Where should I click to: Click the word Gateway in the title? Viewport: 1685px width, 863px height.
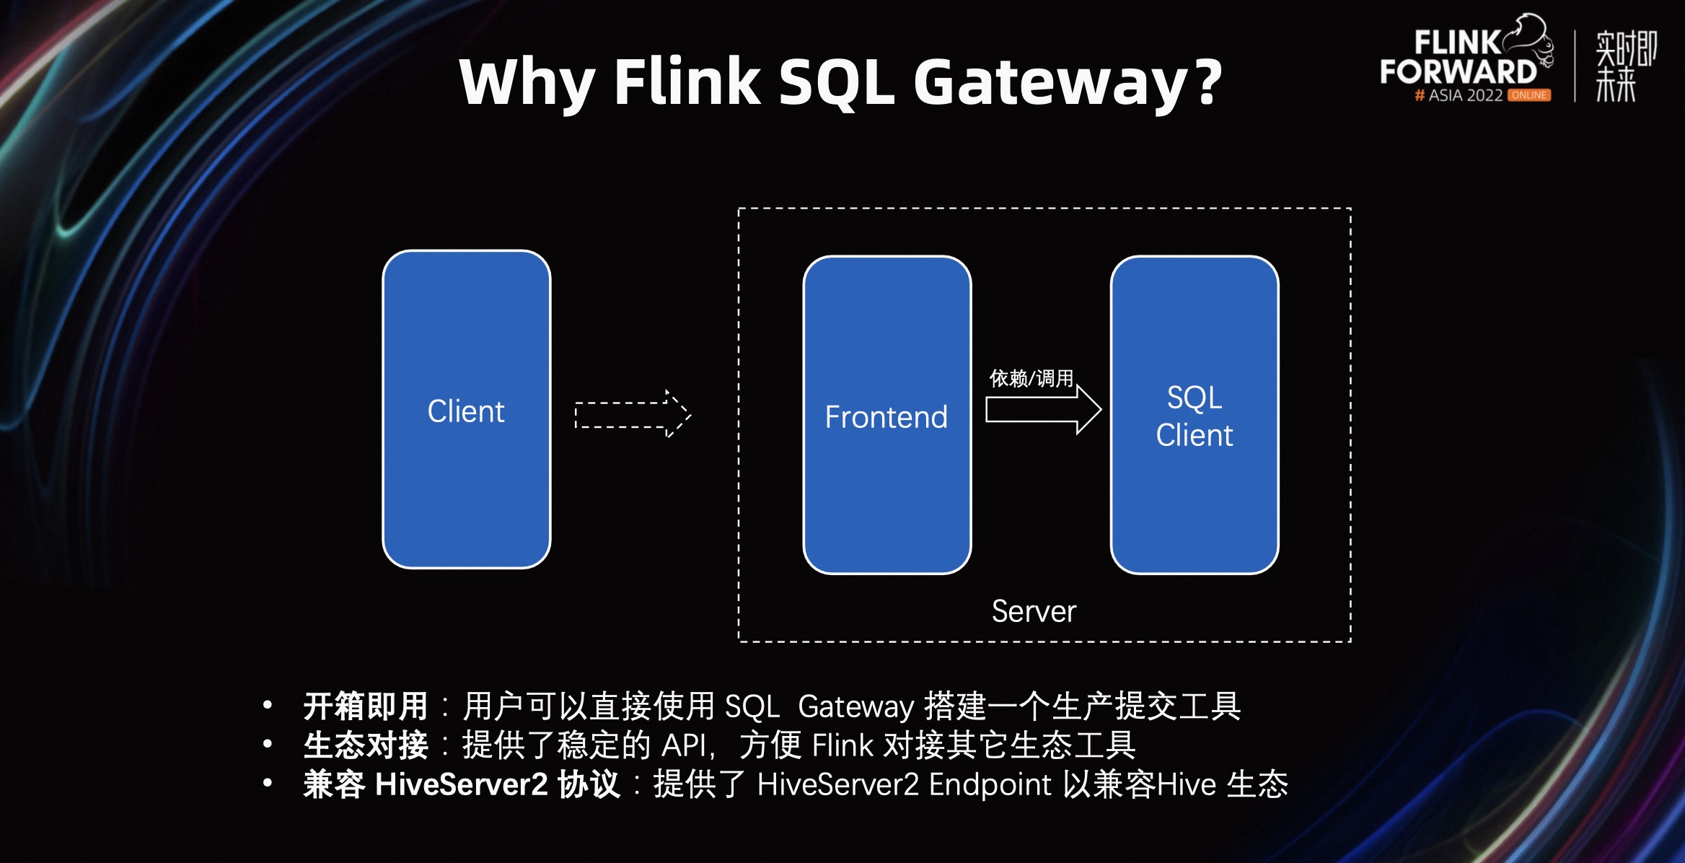(x=1050, y=83)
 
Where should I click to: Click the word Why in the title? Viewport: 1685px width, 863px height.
(x=527, y=83)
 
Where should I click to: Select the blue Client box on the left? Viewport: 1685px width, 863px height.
(x=466, y=410)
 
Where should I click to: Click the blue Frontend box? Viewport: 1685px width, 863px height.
(x=887, y=416)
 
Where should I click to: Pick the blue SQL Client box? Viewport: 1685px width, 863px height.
(x=1194, y=416)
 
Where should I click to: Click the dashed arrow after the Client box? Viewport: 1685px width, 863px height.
(x=632, y=415)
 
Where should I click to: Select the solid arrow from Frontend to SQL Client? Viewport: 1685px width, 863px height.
(x=1043, y=410)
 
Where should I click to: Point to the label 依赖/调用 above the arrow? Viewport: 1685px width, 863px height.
(x=1031, y=378)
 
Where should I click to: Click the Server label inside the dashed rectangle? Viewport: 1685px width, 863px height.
(x=1033, y=611)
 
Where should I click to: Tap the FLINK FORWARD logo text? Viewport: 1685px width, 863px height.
(x=1457, y=58)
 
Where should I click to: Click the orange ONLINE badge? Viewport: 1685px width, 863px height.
(x=1529, y=95)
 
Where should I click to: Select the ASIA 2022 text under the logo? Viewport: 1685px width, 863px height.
(x=1464, y=95)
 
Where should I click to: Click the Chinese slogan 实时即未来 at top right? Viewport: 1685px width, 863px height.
(x=1625, y=66)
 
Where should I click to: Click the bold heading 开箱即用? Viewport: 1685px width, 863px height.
(x=366, y=706)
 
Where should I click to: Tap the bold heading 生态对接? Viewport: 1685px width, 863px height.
(x=366, y=745)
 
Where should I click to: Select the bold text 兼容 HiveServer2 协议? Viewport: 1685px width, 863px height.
(x=462, y=784)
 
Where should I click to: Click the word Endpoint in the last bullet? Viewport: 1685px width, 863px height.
(x=990, y=784)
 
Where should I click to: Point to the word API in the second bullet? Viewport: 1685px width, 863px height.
(x=685, y=745)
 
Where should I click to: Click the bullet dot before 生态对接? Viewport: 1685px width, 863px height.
(x=268, y=743)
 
